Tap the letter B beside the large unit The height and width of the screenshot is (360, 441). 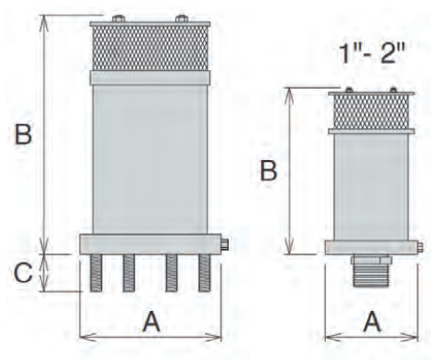[23, 134]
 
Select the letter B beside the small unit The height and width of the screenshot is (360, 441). [269, 171]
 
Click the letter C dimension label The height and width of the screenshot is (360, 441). [23, 272]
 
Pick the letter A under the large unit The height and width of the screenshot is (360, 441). [151, 322]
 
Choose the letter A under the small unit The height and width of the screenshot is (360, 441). [372, 322]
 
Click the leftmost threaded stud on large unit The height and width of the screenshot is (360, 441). [96, 273]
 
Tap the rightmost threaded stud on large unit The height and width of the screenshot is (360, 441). [205, 273]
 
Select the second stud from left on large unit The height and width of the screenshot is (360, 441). [129, 273]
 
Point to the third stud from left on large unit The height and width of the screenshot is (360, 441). [171, 273]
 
